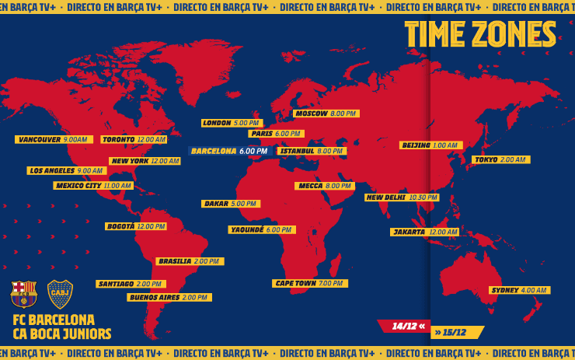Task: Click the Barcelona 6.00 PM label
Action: pos(230,152)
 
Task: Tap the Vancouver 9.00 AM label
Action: pos(54,140)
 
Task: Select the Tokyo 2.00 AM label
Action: pos(500,159)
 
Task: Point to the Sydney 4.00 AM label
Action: pos(519,290)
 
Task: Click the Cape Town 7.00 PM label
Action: pos(309,284)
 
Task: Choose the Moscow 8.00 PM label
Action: pos(326,114)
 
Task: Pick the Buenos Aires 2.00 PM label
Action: pos(169,297)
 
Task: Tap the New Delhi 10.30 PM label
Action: pos(402,197)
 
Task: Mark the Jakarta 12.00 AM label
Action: pos(424,232)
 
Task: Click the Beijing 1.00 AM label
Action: pos(430,145)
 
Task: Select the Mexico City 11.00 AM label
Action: pos(93,186)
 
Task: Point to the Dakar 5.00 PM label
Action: pos(230,204)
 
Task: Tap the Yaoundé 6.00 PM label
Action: pos(262,230)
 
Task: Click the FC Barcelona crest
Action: pos(23,294)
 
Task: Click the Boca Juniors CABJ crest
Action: pos(60,294)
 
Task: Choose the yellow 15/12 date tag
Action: pos(456,332)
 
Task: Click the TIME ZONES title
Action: pos(480,35)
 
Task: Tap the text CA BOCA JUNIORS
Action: pos(62,334)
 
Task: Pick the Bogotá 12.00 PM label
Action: pos(136,226)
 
